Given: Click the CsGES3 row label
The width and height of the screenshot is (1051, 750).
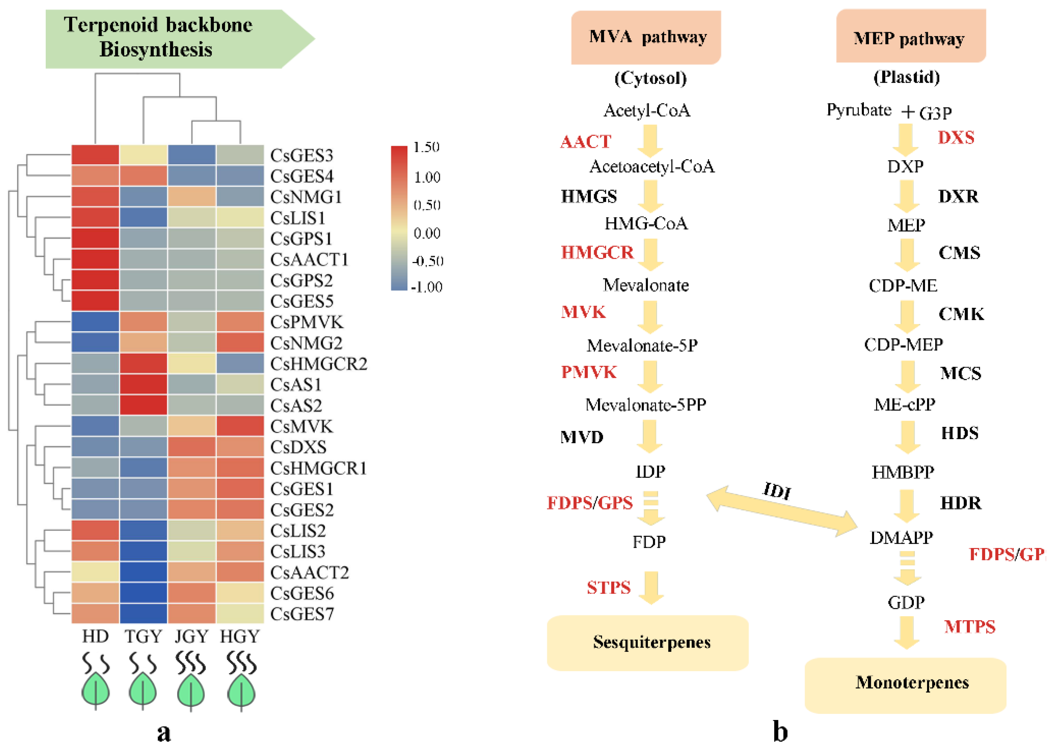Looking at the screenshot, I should (301, 156).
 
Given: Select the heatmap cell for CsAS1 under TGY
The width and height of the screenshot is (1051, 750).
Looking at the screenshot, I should (143, 384).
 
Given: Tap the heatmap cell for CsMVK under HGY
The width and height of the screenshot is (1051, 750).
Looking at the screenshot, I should (240, 426).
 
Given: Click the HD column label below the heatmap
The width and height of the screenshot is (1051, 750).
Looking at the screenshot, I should (95, 636).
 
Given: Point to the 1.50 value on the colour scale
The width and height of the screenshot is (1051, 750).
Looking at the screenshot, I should (426, 147).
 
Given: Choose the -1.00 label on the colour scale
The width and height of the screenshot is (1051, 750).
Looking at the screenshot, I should (427, 287).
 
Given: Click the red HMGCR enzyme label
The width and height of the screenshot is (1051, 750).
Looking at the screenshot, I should (597, 253).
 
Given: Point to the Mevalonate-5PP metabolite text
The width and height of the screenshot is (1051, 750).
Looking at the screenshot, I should (646, 405).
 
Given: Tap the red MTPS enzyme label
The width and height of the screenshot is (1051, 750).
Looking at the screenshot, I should (969, 627).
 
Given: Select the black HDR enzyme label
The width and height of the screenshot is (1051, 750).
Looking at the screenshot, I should (960, 503).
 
